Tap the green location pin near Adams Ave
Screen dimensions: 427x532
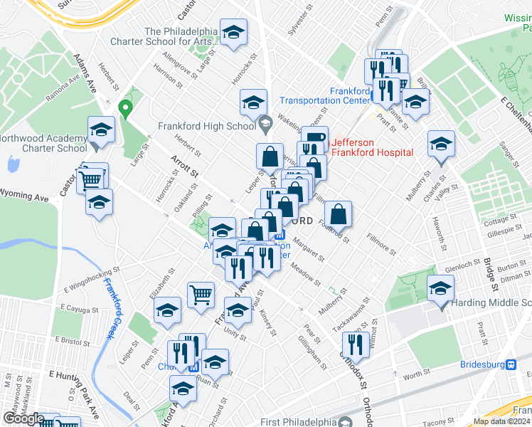(126, 110)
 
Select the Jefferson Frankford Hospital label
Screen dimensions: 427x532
(372, 147)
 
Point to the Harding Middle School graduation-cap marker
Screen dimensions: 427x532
(441, 289)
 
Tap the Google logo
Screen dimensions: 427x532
(23, 418)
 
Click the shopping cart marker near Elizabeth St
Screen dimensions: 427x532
(201, 293)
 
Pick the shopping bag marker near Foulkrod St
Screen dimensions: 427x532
(339, 213)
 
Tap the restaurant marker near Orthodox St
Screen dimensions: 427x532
(356, 344)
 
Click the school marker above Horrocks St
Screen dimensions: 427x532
(253, 102)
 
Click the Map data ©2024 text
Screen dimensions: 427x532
(501, 421)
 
